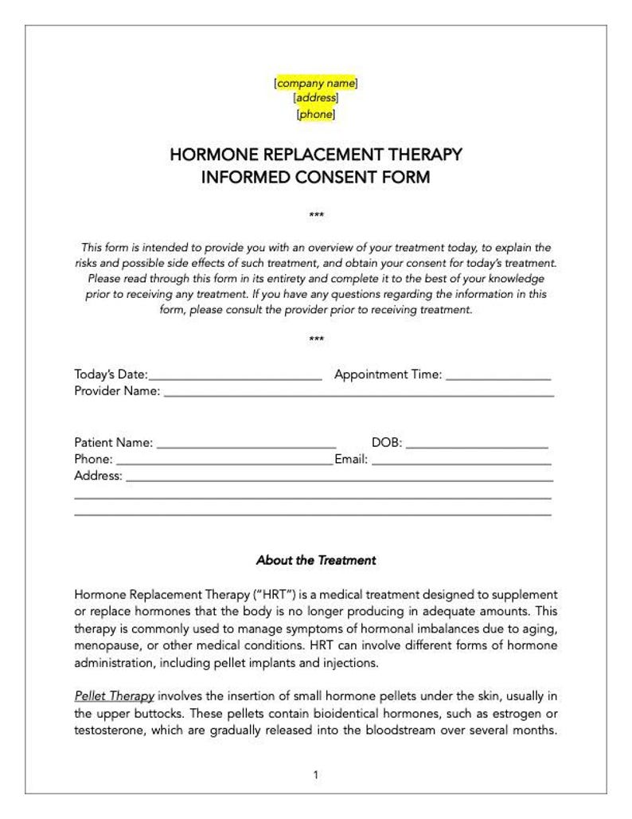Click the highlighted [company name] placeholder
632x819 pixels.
tap(316, 83)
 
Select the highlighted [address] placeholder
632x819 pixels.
tap(316, 98)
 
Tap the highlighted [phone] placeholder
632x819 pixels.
tap(316, 114)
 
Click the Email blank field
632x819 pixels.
tap(462, 460)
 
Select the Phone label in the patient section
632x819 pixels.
tap(93, 460)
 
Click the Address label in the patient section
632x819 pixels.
tap(98, 476)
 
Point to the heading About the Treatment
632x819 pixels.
tap(316, 560)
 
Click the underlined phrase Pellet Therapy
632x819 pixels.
tap(114, 696)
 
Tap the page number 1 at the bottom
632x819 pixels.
tap(316, 774)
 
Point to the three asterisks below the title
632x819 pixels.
tap(316, 216)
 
